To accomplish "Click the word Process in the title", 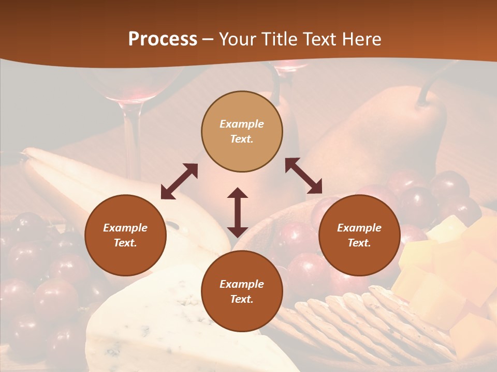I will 163,39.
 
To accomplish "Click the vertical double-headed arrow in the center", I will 238,212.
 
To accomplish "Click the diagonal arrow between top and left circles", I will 179,181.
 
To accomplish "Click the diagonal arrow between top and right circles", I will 303,176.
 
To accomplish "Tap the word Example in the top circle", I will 242,124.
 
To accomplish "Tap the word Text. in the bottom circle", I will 242,299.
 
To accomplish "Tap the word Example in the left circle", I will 125,228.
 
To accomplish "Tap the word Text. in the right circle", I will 359,243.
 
